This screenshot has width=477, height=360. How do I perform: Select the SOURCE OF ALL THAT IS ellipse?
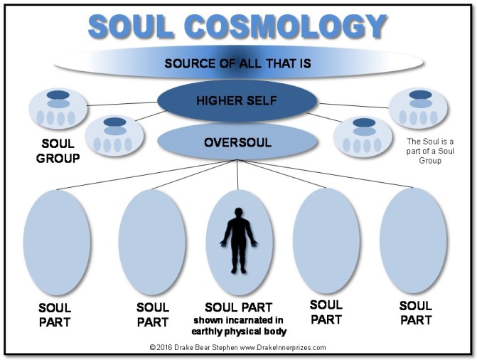tap(238, 63)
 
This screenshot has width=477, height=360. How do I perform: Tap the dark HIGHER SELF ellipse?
tap(237, 100)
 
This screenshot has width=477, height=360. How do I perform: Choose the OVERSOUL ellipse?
tap(237, 142)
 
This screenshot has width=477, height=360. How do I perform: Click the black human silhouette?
tap(239, 240)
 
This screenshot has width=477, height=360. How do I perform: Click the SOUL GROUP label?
tap(58, 151)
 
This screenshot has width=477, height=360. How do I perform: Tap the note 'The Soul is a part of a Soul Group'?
tap(430, 151)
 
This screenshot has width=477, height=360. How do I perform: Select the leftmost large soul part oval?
tap(57, 243)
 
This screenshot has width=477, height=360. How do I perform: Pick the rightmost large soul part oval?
tap(413, 240)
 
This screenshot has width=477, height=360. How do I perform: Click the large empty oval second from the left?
tap(152, 243)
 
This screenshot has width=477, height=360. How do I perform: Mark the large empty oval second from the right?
tap(326, 240)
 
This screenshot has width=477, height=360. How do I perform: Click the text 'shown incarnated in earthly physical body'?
tap(239, 326)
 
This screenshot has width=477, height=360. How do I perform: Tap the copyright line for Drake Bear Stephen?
tap(237, 347)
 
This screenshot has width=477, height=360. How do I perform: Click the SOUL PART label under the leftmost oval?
tap(55, 315)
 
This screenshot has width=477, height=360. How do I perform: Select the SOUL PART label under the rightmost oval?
tap(416, 313)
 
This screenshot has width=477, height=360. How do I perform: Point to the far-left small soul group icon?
tap(58, 108)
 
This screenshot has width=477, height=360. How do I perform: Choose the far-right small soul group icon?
tap(418, 108)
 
